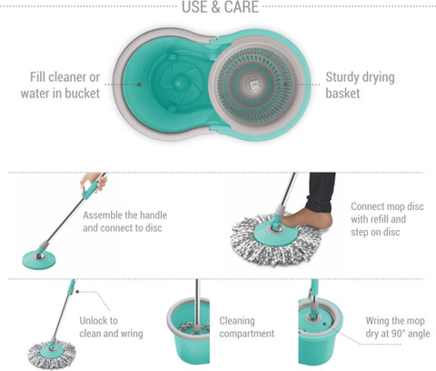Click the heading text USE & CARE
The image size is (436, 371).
click(x=220, y=6)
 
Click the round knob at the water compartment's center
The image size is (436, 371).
click(x=179, y=82)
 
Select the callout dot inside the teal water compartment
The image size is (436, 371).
click(x=139, y=85)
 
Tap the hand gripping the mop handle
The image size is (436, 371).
click(x=94, y=181)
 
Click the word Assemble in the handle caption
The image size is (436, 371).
click(x=99, y=216)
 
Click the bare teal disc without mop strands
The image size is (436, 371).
click(x=39, y=259)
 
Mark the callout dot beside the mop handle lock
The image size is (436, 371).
click(x=77, y=292)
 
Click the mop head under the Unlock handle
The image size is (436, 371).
click(x=52, y=353)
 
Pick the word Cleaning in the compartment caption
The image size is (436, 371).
click(x=237, y=321)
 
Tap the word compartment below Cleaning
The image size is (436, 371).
click(x=247, y=334)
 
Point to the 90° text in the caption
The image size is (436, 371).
click(x=399, y=334)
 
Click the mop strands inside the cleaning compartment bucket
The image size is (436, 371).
click(x=193, y=328)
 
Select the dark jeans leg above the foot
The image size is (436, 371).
click(x=320, y=192)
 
